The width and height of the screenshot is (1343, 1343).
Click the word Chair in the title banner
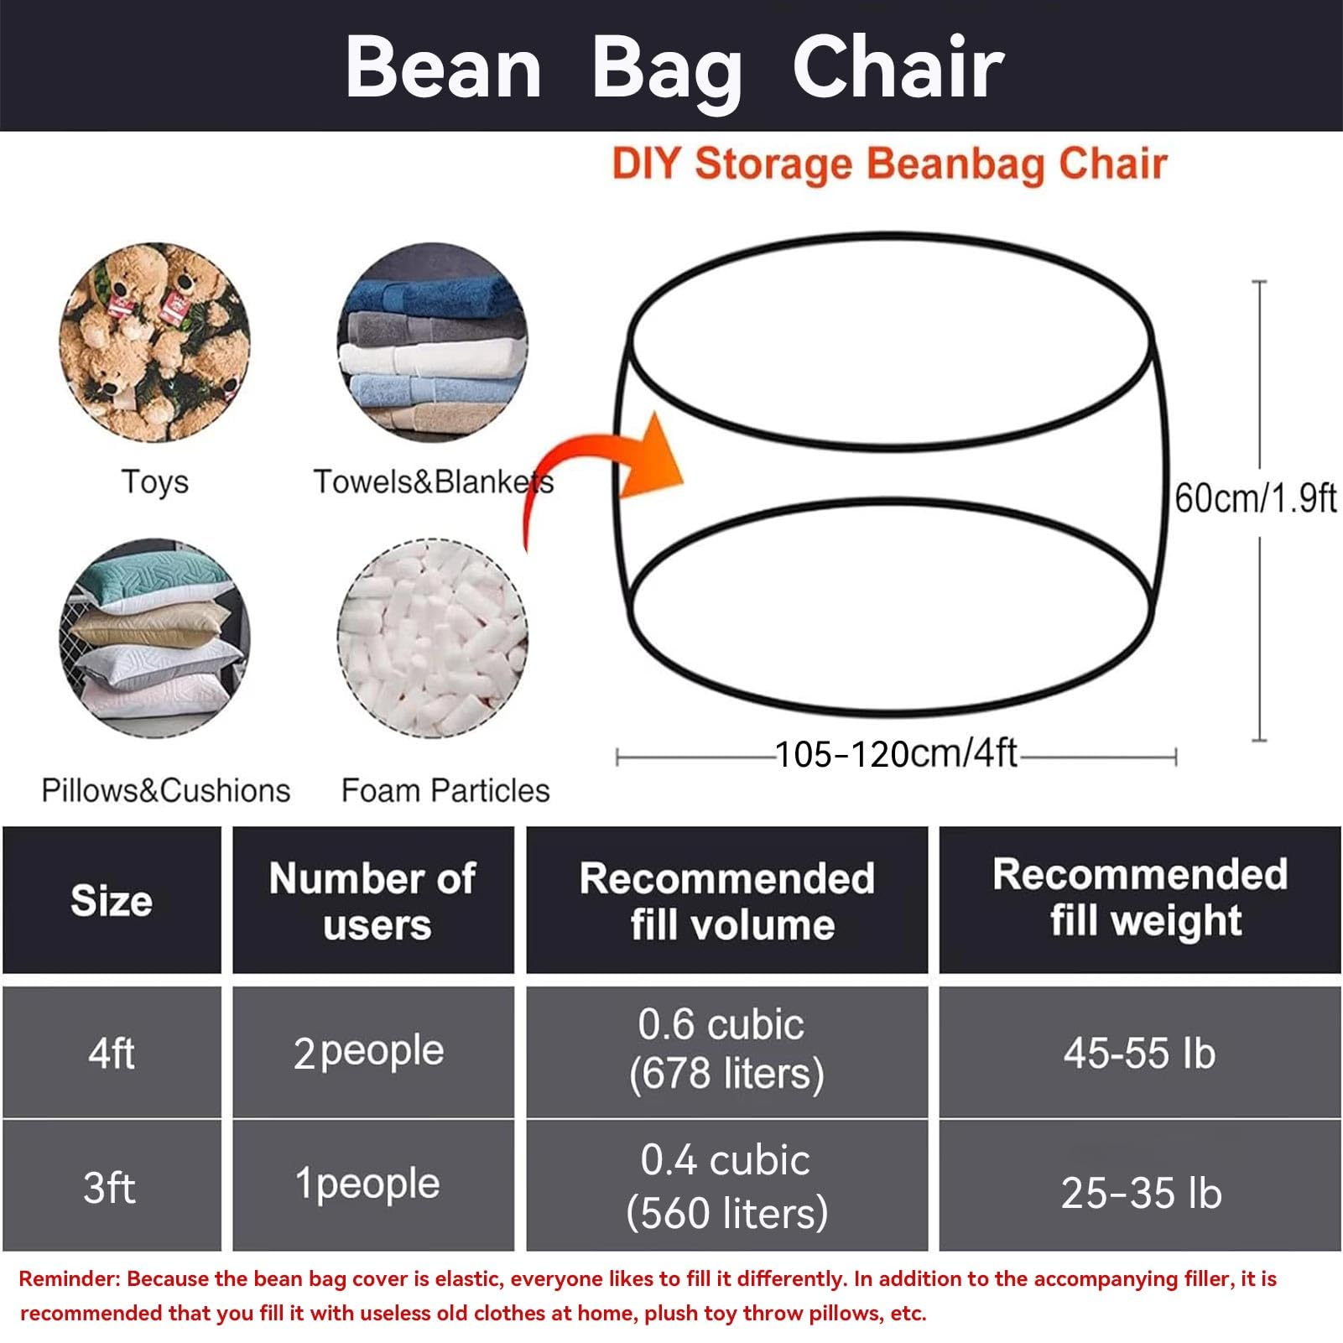[x=898, y=67]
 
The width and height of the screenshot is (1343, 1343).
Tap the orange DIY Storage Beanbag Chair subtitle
[x=889, y=164]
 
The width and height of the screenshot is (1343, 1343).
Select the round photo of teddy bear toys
[x=154, y=342]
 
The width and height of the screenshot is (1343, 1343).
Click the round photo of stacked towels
[x=432, y=342]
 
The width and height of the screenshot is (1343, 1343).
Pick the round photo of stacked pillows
[x=154, y=638]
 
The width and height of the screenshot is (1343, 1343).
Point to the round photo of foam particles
[x=432, y=638]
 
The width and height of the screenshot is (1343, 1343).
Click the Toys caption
[x=155, y=482]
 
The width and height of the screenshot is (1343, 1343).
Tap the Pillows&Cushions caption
[x=166, y=790]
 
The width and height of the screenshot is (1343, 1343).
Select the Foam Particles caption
[x=445, y=790]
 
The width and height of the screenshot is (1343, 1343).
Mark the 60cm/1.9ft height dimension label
[x=1255, y=497]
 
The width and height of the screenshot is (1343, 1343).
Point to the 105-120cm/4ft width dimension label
[x=896, y=754]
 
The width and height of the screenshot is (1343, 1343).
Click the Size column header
[x=112, y=901]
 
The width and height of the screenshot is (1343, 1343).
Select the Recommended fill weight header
[x=1141, y=898]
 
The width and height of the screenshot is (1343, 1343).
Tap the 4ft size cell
[x=112, y=1053]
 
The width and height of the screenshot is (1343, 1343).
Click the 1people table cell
[x=367, y=1184]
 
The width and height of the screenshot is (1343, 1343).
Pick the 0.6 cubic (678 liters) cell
[x=726, y=1049]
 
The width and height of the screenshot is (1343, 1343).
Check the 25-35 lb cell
[x=1142, y=1192]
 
